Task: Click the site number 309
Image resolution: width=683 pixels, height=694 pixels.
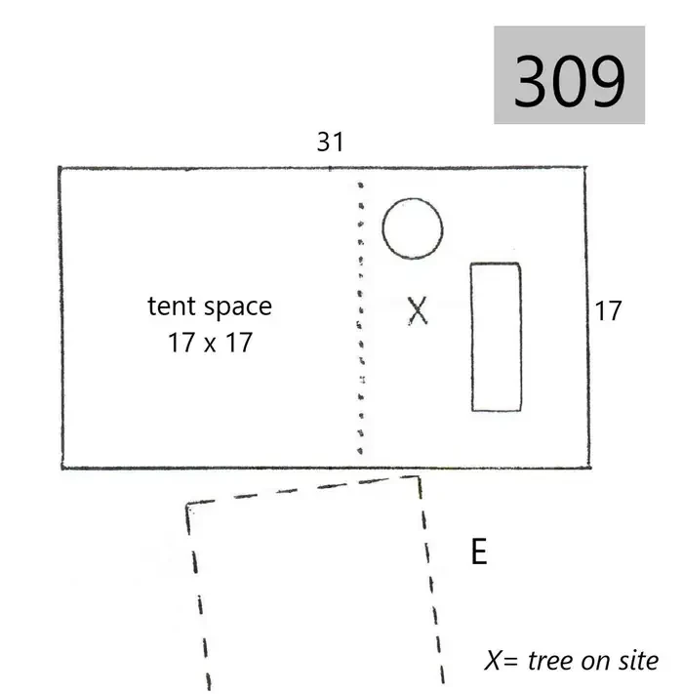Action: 569,81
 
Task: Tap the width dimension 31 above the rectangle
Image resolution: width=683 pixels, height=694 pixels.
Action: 331,143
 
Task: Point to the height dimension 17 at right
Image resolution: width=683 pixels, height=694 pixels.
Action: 608,310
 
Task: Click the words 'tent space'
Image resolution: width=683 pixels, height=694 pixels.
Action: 210,306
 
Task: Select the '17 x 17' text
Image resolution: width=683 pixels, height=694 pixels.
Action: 210,343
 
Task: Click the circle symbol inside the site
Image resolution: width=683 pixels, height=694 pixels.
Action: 383,228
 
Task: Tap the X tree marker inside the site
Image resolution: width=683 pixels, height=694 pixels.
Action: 418,310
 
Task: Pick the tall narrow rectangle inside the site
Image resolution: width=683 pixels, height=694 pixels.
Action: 471,338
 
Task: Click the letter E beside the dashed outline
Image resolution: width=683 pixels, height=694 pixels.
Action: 479,551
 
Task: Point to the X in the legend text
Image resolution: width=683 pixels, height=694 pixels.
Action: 494,661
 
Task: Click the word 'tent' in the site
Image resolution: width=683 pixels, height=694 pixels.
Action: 171,306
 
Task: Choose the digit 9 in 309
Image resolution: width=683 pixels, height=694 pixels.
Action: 608,81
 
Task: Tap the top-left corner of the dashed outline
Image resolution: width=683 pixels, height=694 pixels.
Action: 187,504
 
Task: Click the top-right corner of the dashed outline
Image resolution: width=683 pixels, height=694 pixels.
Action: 419,476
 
